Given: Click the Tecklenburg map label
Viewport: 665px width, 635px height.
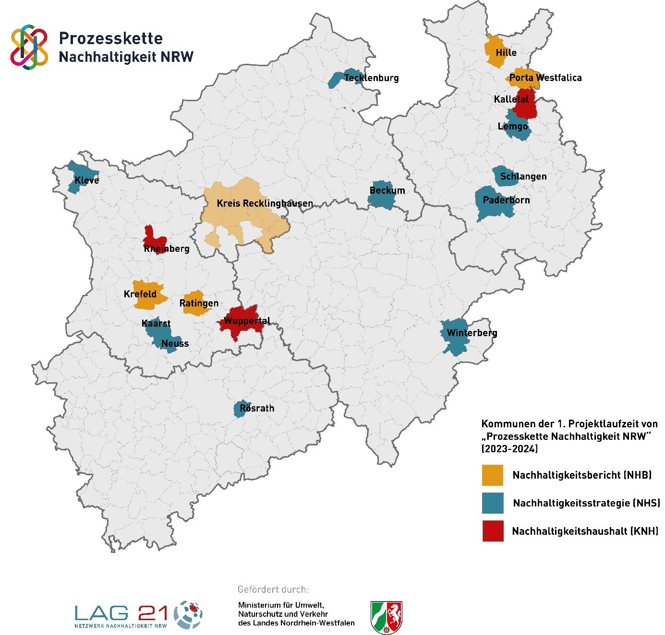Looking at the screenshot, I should click(x=371, y=78).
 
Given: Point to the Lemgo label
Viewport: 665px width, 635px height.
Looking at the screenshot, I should click(x=513, y=126).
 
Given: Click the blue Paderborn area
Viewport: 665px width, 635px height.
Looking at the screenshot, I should click(x=495, y=204).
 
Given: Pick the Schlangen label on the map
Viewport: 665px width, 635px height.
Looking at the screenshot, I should click(x=523, y=176).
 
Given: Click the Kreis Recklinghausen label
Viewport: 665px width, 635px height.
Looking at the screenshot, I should click(x=265, y=203).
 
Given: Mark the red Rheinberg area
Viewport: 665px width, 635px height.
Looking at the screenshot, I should click(x=155, y=238).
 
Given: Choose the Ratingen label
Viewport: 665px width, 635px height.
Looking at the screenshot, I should click(x=199, y=303).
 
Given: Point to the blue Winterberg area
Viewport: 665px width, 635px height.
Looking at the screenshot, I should click(x=454, y=336).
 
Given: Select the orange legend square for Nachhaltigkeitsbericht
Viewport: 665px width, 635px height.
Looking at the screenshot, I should click(x=493, y=475).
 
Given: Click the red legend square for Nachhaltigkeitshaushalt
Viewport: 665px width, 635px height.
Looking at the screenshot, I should click(x=493, y=531).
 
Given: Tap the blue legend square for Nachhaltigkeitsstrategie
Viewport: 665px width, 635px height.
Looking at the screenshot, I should click(x=493, y=503).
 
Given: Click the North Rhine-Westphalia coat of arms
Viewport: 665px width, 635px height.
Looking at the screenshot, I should click(x=387, y=617).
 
